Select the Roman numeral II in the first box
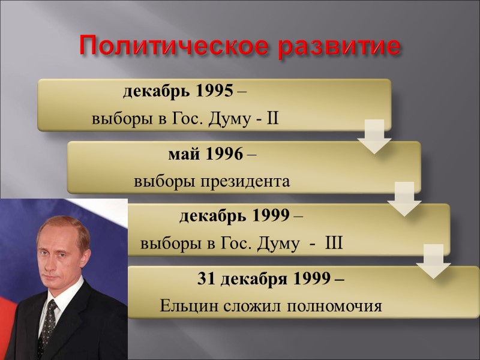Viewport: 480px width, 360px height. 272,119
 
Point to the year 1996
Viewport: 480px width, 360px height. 224,154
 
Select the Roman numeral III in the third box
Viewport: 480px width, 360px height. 333,244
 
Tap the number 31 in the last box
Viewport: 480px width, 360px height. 206,279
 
